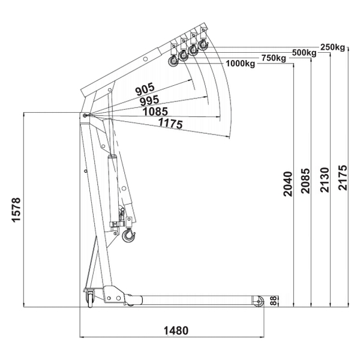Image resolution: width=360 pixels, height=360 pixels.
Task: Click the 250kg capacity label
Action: coord(332,47)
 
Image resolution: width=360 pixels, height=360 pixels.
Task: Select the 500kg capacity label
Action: coord(304,53)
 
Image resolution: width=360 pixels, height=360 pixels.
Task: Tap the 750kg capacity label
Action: coord(274,58)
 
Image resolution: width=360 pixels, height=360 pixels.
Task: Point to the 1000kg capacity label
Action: coord(241,64)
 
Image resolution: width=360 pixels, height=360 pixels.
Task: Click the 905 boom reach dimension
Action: coord(145,89)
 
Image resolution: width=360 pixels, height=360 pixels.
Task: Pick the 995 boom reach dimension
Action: coord(149,100)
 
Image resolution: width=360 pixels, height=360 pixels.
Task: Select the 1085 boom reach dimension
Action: coord(155,112)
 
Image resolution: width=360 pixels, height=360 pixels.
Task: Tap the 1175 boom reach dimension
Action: coord(170,123)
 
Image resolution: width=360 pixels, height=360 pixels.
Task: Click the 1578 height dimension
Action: coord(16,209)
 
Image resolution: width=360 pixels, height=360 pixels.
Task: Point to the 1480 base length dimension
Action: coord(176,331)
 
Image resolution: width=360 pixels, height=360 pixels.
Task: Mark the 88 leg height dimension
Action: coord(274,301)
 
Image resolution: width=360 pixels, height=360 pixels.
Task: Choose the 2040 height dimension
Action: coord(288,184)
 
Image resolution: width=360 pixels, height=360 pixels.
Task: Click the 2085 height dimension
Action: coord(305,181)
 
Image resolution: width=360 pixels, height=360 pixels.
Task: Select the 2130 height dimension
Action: coord(325,180)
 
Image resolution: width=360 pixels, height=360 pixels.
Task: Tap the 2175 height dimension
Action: coord(343,178)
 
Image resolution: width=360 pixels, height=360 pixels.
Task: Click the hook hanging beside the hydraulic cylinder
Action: coord(128,235)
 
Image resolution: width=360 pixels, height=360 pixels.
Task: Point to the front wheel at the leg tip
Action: coord(259,301)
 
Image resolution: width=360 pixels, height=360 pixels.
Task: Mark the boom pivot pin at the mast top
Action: coord(85,115)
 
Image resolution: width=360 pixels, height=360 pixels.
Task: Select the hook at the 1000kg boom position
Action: coord(173,62)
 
